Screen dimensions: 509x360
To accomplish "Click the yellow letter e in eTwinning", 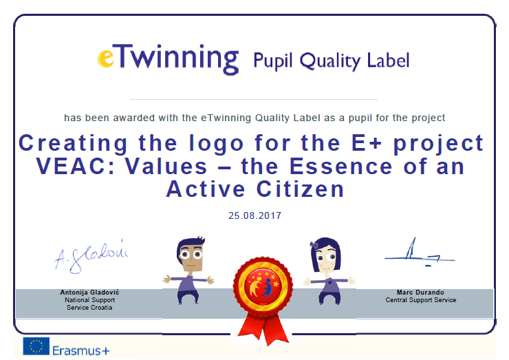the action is point(106,58).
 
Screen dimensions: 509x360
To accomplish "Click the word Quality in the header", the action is point(329,61).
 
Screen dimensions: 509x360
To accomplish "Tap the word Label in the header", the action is point(388,60).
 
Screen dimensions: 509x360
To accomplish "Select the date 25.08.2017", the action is point(254,215).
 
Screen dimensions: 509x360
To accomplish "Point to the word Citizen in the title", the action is point(301,189).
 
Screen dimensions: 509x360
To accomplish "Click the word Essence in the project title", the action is point(341,166).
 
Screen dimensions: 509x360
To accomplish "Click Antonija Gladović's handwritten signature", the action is point(91,255).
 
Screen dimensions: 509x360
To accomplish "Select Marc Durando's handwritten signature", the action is point(420,253).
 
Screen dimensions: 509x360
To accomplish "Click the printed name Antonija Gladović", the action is point(89,293).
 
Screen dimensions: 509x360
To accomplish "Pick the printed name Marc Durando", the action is point(420,293).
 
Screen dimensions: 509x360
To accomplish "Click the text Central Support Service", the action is point(421,300).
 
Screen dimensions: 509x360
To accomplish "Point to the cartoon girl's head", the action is point(325,255).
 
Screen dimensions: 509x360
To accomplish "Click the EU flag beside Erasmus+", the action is point(36,346).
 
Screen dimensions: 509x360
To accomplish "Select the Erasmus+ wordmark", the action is point(81,351).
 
